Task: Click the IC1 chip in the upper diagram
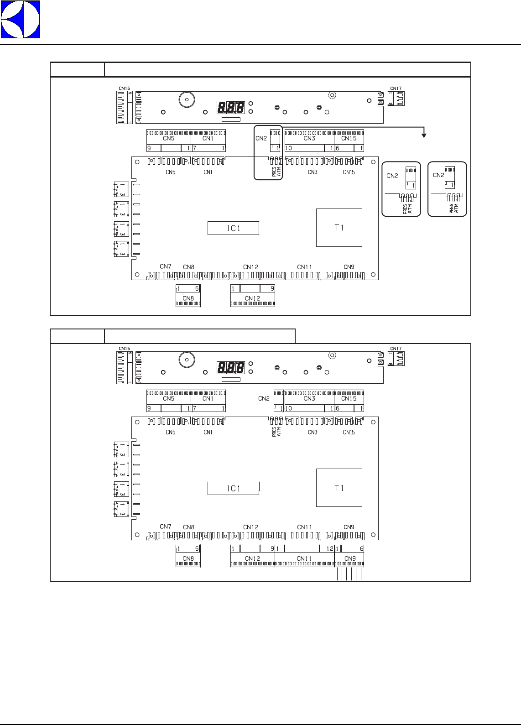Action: (x=233, y=228)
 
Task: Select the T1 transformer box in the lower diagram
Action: (x=339, y=488)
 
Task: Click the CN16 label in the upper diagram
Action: (x=124, y=89)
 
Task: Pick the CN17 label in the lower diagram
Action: (x=396, y=349)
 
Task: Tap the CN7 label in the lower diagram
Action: (x=166, y=527)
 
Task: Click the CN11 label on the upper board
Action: (x=304, y=267)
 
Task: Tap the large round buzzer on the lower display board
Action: (x=185, y=359)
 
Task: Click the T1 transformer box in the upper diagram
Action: (x=339, y=228)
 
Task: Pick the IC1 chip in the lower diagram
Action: (x=233, y=488)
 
